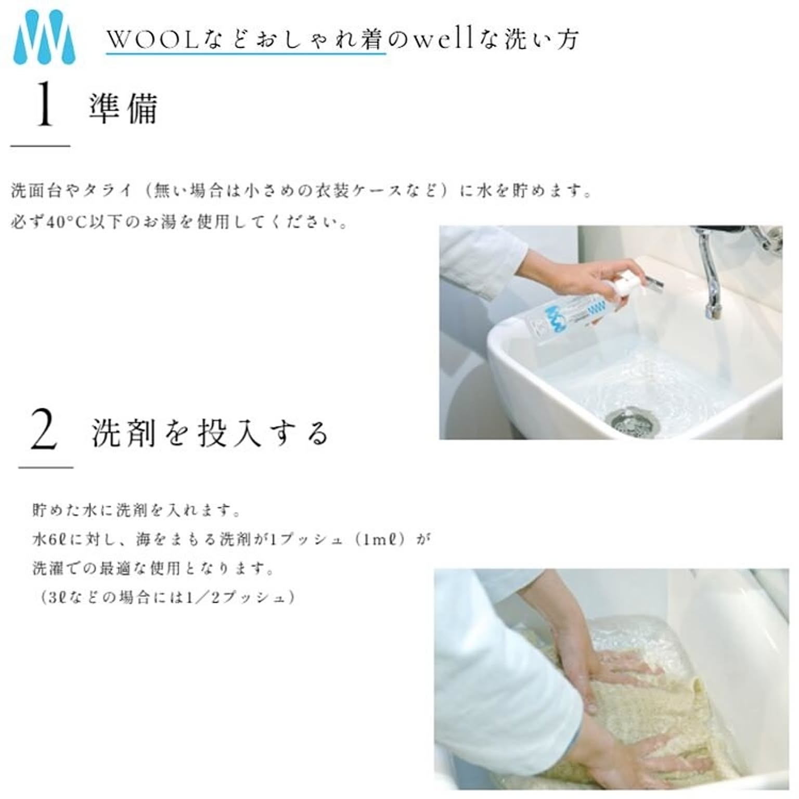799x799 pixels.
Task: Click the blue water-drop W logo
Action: [x=44, y=36]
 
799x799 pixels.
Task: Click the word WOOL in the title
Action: [x=153, y=40]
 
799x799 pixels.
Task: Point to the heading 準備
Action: [x=123, y=109]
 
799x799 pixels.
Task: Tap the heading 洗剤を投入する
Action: [x=210, y=433]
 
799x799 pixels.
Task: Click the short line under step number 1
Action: [x=40, y=146]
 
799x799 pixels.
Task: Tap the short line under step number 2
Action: [x=46, y=467]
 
